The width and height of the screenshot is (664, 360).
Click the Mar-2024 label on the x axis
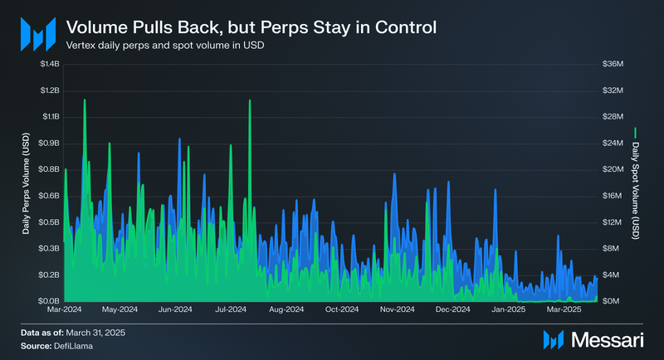point(64,309)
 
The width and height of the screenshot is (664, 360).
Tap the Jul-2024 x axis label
point(231,309)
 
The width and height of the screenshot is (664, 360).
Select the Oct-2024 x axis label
point(342,309)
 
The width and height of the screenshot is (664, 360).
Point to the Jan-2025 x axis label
point(509,309)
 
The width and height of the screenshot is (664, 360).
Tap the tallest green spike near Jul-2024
point(250,102)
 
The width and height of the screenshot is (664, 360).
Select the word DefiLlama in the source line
point(74,344)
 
